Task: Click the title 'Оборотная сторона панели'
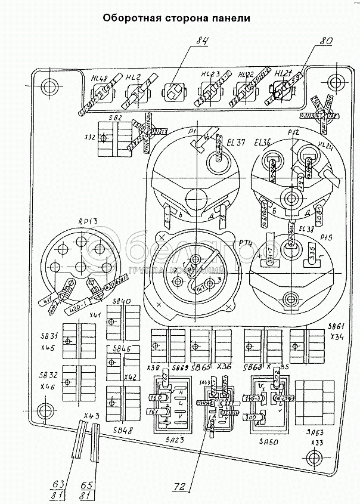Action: click(175, 17)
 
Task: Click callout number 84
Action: click(202, 42)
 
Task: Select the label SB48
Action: click(121, 429)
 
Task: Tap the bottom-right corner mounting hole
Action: click(312, 458)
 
